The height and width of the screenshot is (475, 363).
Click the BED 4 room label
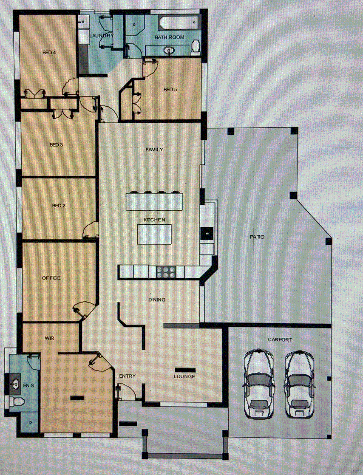(x=49, y=52)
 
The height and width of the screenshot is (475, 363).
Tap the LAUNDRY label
(x=102, y=36)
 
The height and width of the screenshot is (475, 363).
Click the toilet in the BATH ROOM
(x=196, y=48)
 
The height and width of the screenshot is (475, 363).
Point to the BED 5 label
(x=170, y=90)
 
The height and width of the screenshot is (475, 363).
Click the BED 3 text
(x=57, y=145)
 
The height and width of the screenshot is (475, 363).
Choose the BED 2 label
(x=59, y=206)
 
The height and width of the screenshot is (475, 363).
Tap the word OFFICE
(x=51, y=278)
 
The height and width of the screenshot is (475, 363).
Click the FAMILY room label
(x=154, y=150)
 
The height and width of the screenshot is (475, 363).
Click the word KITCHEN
(x=155, y=220)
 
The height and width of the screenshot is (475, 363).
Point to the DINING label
(x=157, y=300)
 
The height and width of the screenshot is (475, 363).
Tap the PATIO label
(x=257, y=237)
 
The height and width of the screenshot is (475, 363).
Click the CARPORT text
(x=280, y=340)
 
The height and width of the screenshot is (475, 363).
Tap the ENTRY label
(x=127, y=376)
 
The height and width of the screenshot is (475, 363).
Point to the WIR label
(x=49, y=338)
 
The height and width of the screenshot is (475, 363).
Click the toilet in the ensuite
(x=17, y=402)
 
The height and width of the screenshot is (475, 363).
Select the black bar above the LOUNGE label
(x=185, y=370)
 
